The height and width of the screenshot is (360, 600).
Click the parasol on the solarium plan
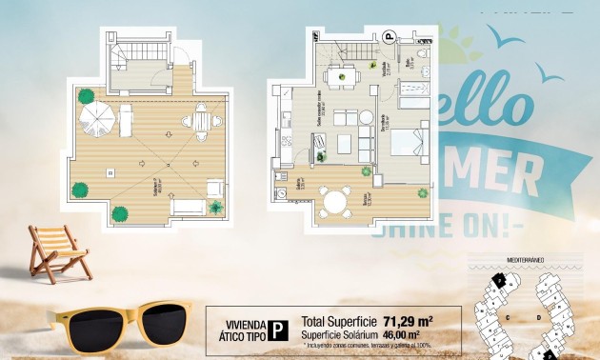(96, 120)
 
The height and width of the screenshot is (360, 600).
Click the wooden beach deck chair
(57, 251)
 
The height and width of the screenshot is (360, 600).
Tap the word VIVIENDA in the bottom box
(244, 323)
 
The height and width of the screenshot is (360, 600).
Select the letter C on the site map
(510, 315)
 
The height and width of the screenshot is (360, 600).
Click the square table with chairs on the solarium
(201, 121)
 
